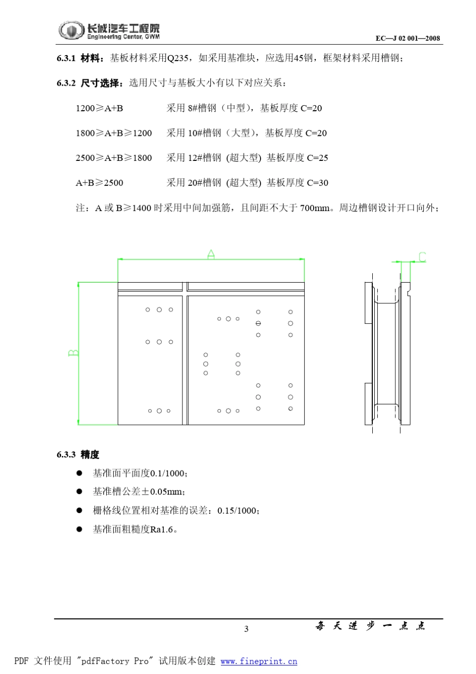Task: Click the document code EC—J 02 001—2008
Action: click(407, 38)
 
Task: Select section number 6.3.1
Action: click(66, 58)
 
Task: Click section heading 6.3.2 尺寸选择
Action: click(89, 83)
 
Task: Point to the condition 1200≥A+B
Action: click(99, 108)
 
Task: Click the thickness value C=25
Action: click(317, 158)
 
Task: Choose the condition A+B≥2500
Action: click(99, 183)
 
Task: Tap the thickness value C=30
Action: click(317, 183)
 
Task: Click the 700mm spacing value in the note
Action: click(315, 208)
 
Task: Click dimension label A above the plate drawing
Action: click(211, 254)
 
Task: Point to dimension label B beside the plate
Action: click(73, 353)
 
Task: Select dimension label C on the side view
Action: click(422, 257)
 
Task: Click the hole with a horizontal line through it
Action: click(258, 324)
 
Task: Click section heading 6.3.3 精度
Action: click(78, 455)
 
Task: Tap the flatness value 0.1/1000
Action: click(168, 473)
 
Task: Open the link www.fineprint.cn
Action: click(259, 661)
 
